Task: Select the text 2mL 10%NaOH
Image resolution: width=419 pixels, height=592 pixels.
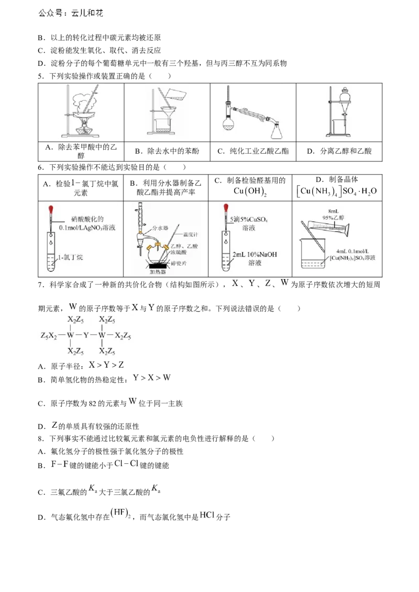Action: click(255, 255)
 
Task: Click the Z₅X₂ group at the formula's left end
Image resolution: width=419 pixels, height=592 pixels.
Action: click(49, 335)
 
